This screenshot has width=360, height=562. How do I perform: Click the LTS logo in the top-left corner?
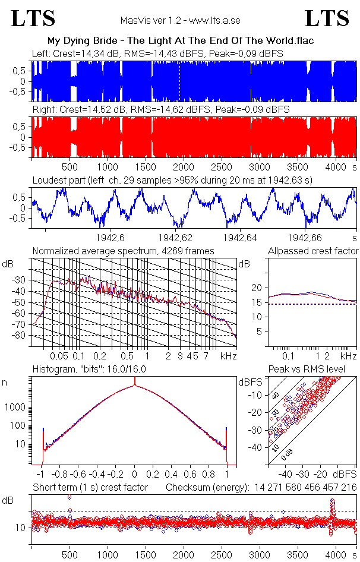(33, 18)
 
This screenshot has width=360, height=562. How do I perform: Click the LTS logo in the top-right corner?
(327, 18)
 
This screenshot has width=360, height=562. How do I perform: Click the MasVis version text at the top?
(180, 20)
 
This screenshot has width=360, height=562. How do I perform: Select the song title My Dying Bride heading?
(180, 40)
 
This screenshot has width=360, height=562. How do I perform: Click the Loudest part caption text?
(172, 179)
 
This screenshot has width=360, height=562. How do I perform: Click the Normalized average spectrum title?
(123, 251)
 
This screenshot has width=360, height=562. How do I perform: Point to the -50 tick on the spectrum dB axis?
(23, 302)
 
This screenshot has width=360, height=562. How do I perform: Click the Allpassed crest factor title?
(313, 251)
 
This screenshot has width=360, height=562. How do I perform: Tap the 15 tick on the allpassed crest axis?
(258, 302)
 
